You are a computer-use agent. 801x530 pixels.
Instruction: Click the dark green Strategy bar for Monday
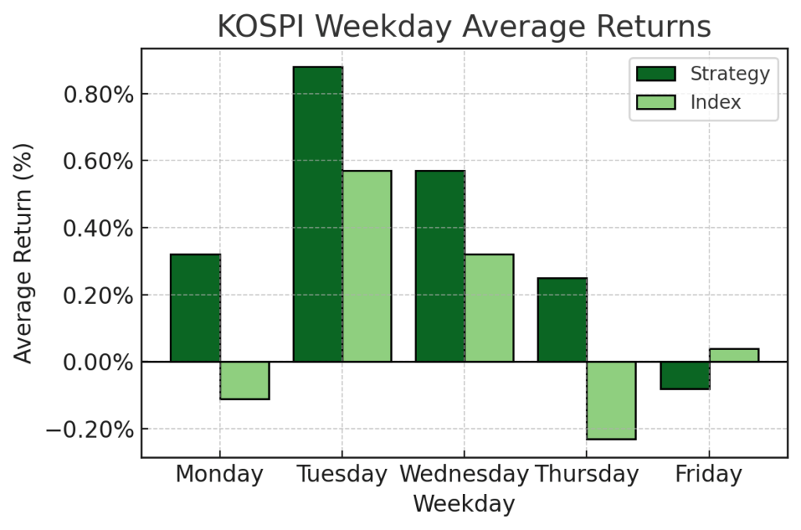195,308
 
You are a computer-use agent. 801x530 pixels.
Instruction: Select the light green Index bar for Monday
244,380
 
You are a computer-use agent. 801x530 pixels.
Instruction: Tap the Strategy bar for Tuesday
318,214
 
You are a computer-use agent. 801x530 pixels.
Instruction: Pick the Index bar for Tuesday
367,266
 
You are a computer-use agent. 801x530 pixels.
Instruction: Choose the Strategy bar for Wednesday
440,266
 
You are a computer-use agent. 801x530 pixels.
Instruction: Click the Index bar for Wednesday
490,308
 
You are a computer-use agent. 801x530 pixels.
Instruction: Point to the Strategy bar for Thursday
562,319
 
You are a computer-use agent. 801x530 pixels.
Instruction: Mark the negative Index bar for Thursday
612,400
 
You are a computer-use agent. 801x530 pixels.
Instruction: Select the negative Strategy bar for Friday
685,375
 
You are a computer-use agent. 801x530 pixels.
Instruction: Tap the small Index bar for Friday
734,355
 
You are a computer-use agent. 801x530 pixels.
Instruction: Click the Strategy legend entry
703,74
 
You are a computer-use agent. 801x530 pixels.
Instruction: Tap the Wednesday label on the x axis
464,474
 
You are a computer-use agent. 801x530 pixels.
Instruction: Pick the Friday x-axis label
709,474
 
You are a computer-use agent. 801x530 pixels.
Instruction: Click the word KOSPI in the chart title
262,27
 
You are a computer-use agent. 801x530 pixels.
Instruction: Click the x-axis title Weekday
464,503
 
